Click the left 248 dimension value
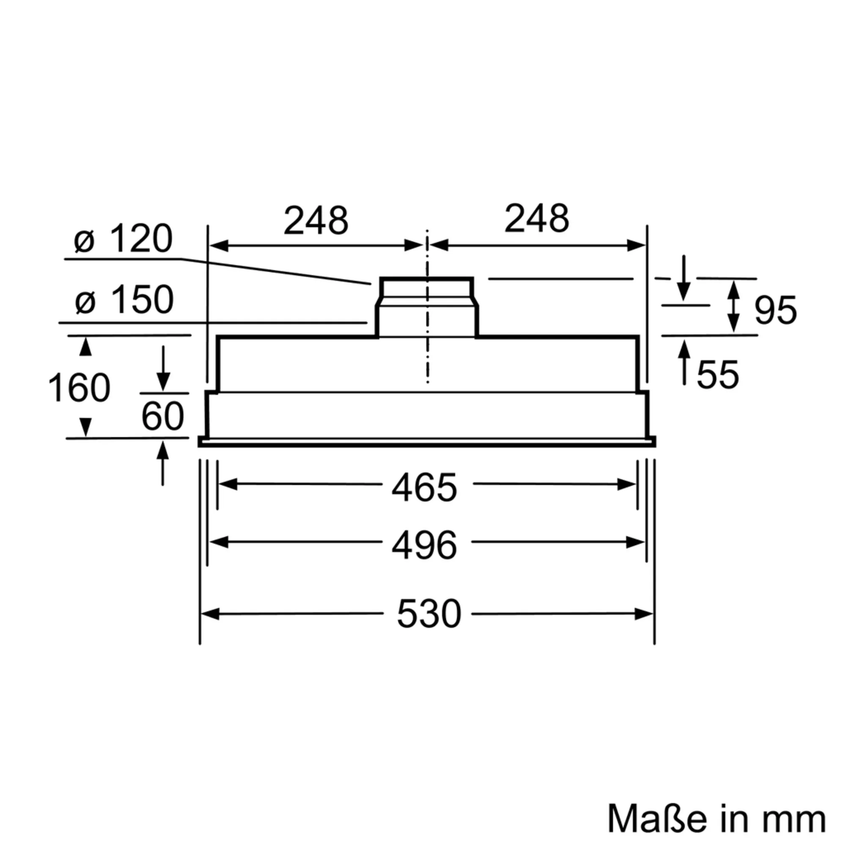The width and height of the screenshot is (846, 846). coord(316,220)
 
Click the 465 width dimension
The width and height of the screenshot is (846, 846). coord(424,488)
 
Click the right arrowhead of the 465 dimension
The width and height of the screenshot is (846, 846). coord(626,484)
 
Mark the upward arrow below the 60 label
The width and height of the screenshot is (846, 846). coord(163,463)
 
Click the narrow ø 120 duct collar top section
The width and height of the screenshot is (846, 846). coord(426,288)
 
